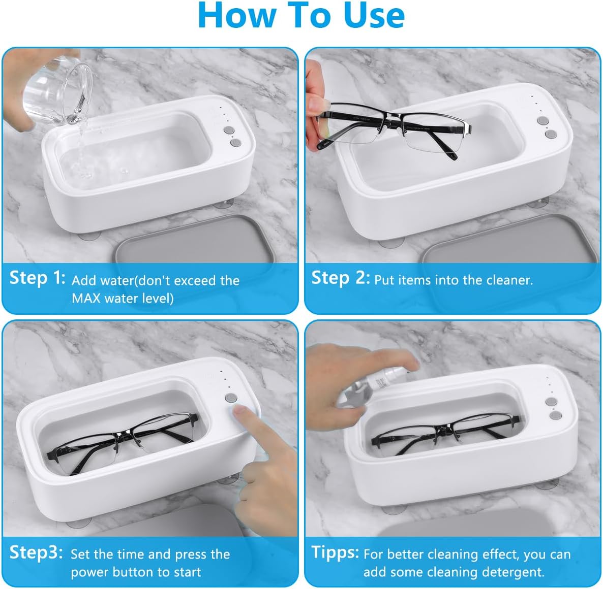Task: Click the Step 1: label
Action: point(37,278)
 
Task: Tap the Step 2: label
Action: point(340,278)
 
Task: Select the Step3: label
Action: point(36,553)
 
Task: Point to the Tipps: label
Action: point(335,553)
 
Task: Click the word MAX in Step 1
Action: point(86,299)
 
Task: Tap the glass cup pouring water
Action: point(57,91)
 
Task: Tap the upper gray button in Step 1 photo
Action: point(229,130)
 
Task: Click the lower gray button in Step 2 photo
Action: point(551,134)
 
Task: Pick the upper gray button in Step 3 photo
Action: point(231,398)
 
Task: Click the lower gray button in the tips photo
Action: point(555,415)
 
